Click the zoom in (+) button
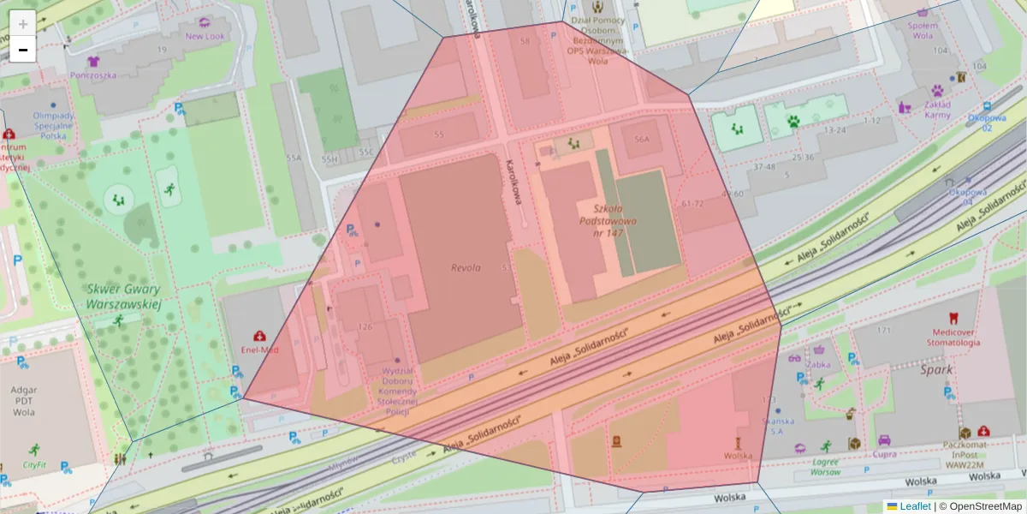23,23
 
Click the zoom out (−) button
23,50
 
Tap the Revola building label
466,267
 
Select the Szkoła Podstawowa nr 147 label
608,220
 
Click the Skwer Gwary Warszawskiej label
123,296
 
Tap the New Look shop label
205,36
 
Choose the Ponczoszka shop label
94,75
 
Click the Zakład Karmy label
937,110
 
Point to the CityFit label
35,465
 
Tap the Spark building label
936,370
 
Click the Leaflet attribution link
914,506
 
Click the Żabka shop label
820,364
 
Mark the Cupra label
884,454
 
